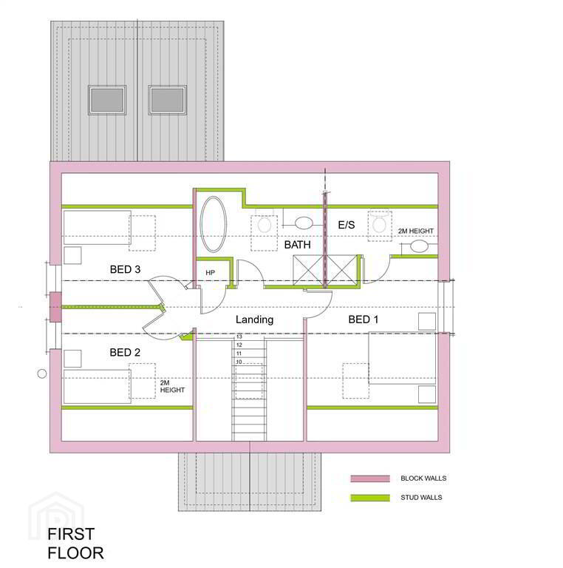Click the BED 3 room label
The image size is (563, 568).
pyautogui.click(x=125, y=269)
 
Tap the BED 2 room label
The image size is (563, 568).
pyautogui.click(x=125, y=353)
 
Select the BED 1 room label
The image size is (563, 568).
pyautogui.click(x=364, y=319)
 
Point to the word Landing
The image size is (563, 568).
pyautogui.click(x=254, y=319)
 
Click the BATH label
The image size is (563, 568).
pyautogui.click(x=298, y=245)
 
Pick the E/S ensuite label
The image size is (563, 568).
pyautogui.click(x=347, y=225)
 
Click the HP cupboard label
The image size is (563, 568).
pyautogui.click(x=211, y=273)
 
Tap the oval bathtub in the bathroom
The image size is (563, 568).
pyautogui.click(x=214, y=224)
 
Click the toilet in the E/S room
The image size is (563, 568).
pyautogui.click(x=379, y=222)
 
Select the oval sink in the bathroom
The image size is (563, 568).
pyautogui.click(x=304, y=223)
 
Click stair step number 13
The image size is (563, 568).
pyautogui.click(x=239, y=337)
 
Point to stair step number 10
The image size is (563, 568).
pyautogui.click(x=239, y=362)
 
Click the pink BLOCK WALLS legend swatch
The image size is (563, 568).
pyautogui.click(x=370, y=479)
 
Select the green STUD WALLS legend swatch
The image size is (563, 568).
pyautogui.click(x=370, y=498)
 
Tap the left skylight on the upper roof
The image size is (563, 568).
pyautogui.click(x=107, y=100)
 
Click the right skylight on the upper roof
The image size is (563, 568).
pyautogui.click(x=167, y=100)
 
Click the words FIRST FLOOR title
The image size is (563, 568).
pyautogui.click(x=75, y=544)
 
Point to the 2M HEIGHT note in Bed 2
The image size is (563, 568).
pyautogui.click(x=172, y=387)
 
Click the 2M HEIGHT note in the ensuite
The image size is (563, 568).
pyautogui.click(x=416, y=231)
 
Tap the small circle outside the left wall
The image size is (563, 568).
pyautogui.click(x=42, y=373)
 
